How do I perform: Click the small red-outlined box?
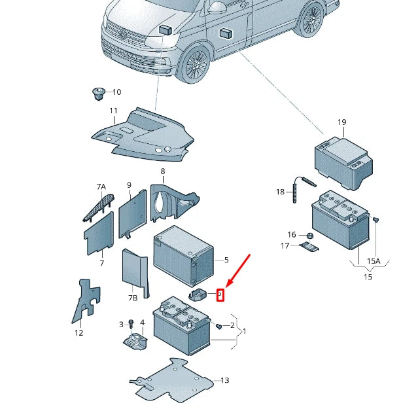220,295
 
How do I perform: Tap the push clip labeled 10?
97,94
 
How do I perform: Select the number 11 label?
113,111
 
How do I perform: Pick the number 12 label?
78,332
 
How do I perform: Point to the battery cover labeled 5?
183,254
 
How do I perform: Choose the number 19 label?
341,122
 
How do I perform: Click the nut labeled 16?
309,235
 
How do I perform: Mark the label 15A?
373,261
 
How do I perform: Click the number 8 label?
162,171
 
